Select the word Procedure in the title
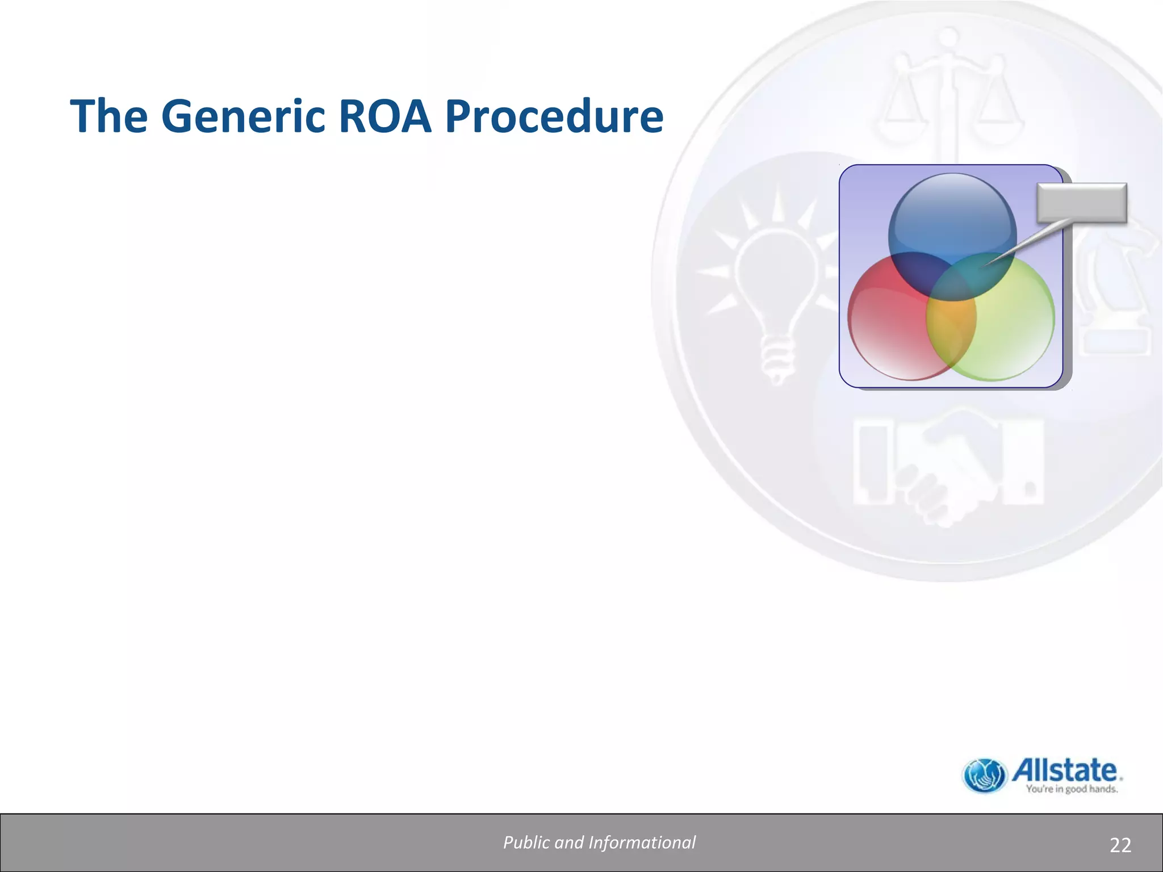[554, 116]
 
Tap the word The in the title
[108, 116]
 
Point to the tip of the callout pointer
[985, 265]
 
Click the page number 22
[1120, 845]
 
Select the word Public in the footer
[526, 842]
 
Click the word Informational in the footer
[642, 842]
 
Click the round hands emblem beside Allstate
[985, 775]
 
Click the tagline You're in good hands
[1071, 789]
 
